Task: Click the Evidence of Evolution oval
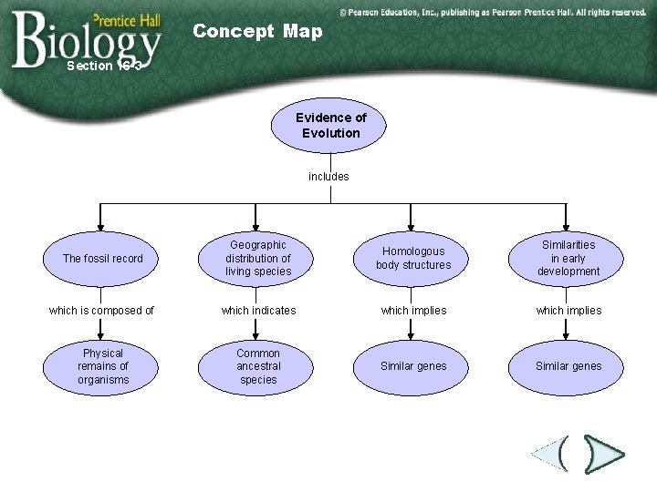tap(329, 126)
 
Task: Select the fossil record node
tap(102, 259)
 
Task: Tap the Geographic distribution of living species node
tap(258, 259)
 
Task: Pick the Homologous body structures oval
tap(413, 259)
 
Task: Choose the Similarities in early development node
tap(568, 259)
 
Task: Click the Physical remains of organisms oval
tap(102, 366)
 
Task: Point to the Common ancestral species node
tap(258, 366)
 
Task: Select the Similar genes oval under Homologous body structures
tap(413, 366)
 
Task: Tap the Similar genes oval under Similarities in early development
tap(568, 366)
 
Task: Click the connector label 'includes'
tap(328, 176)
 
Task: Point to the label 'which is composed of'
tap(101, 311)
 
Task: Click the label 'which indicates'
tap(258, 311)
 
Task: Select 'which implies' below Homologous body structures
tap(413, 311)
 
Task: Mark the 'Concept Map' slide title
tap(257, 32)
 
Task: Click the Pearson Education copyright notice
tap(492, 13)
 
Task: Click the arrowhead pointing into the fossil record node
tap(101, 224)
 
